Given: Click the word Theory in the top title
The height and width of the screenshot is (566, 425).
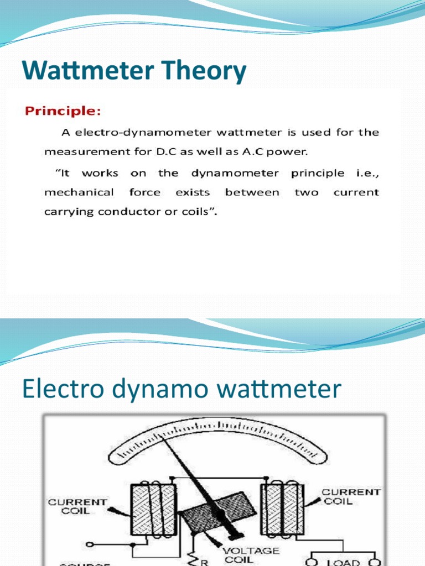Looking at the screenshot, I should click(201, 72).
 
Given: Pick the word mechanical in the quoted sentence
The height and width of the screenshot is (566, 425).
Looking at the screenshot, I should click(79, 192).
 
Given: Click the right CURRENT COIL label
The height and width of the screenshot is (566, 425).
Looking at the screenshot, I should click(351, 496).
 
